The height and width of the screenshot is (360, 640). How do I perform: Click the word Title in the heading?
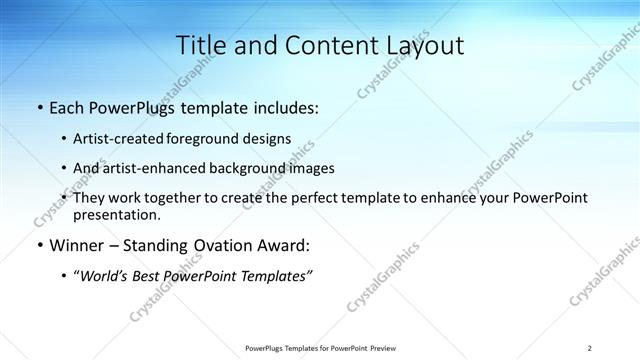tap(202, 45)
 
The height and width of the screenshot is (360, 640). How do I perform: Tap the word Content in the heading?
tap(319, 45)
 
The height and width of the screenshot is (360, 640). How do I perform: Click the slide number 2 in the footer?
tap(590, 348)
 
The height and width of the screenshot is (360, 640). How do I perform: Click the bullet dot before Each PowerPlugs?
tap(39, 107)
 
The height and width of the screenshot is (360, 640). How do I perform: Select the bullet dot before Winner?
tap(39, 246)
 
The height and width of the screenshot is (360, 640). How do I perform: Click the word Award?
tap(285, 246)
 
